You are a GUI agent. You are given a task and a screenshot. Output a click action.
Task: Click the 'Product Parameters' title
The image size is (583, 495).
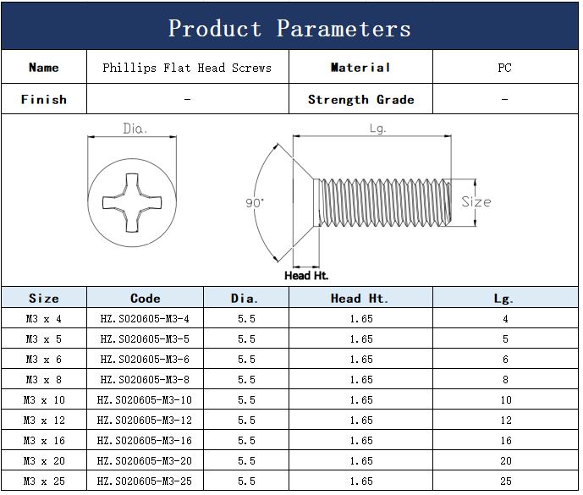point(289,28)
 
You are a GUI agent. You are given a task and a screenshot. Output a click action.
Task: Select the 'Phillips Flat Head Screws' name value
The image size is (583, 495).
point(187,68)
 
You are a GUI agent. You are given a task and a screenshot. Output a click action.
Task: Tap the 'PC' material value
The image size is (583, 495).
point(504,68)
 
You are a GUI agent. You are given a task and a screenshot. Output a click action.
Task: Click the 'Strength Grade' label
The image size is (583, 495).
point(360,99)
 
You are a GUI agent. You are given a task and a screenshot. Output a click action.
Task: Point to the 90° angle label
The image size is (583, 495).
point(255,203)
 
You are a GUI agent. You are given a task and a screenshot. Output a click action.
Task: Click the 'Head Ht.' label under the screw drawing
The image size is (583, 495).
point(306,276)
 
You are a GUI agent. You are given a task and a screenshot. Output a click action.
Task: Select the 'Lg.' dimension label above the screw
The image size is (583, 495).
point(377,129)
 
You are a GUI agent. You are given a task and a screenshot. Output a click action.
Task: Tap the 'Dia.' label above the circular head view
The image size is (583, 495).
point(135,129)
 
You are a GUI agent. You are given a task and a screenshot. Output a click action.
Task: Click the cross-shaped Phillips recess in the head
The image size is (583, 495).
point(132,203)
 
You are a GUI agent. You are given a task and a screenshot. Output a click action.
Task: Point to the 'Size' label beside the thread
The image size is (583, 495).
point(476,202)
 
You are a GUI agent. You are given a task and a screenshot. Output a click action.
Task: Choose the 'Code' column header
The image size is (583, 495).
point(145,298)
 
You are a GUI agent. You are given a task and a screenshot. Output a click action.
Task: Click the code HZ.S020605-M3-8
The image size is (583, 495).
point(145,380)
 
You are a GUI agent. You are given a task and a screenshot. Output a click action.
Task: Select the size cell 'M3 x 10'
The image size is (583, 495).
point(44,400)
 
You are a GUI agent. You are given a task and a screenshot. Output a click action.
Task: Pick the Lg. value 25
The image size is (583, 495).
point(506,481)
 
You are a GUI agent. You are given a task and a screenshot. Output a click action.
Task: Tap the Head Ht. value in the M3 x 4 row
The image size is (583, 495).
point(361,319)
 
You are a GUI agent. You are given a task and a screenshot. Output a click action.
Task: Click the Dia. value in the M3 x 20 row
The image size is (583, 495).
point(246,461)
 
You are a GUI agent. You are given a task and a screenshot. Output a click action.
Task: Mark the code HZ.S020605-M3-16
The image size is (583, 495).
point(144,441)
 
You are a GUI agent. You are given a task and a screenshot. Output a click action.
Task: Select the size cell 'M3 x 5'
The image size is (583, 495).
point(44,339)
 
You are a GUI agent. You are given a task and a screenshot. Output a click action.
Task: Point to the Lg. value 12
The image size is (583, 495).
point(506,421)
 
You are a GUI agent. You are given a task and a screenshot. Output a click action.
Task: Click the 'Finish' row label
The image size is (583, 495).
point(44,99)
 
